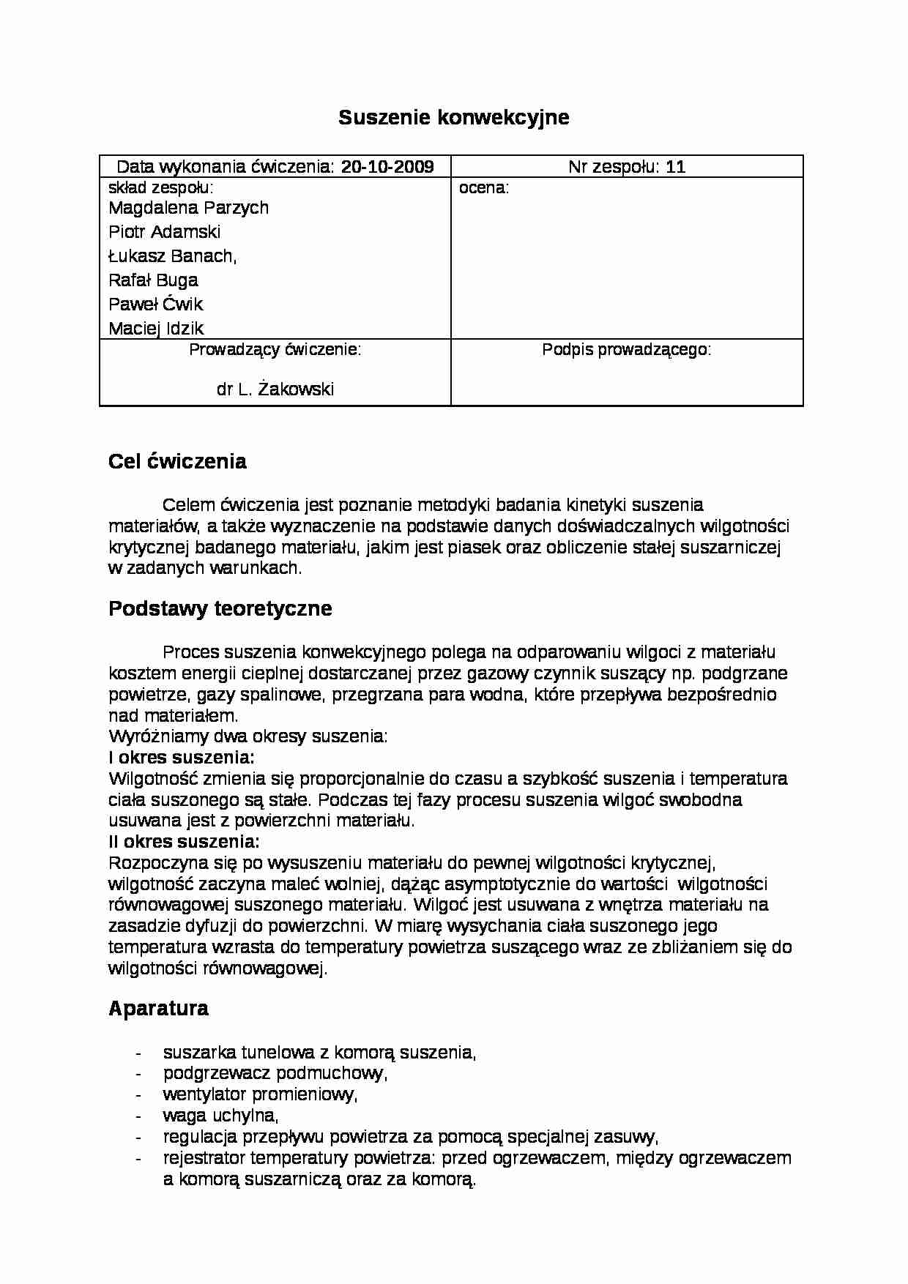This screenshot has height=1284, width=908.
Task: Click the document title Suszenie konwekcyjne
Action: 453,117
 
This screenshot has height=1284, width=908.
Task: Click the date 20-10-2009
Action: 387,167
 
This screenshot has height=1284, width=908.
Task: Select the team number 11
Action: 676,167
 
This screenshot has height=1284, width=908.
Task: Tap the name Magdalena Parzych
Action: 188,208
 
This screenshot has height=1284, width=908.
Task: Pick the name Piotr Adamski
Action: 164,232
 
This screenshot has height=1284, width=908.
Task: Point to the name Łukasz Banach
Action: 172,256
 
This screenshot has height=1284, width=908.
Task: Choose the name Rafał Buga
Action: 153,280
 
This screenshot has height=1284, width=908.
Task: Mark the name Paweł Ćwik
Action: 155,305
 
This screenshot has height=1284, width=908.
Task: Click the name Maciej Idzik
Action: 155,329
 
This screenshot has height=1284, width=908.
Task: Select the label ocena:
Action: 483,188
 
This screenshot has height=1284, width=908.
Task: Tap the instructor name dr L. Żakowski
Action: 275,389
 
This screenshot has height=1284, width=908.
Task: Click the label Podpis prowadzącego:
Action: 626,350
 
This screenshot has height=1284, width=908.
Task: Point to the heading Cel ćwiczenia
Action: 177,462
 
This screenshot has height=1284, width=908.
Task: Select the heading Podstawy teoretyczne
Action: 220,609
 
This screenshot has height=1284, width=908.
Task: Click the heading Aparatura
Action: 158,1009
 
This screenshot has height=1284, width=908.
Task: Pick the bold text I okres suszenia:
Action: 182,758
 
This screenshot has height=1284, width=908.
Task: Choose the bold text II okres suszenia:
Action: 184,842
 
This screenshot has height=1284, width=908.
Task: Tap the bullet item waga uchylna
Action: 220,1116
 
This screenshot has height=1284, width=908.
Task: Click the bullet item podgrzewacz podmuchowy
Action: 275,1073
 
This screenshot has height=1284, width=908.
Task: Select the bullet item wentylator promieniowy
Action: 260,1094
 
